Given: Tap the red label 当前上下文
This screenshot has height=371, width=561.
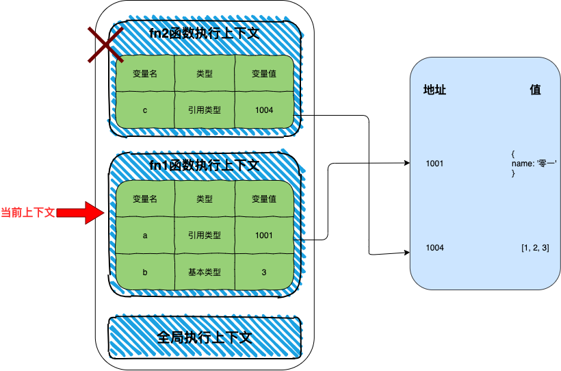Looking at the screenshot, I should (28, 212).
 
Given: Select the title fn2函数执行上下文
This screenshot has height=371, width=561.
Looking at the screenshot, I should (204, 32).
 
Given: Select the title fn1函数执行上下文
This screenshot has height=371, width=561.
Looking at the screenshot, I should (204, 165).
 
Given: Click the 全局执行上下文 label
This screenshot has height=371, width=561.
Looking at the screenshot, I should (205, 337).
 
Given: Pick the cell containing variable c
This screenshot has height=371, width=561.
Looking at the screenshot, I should (145, 110).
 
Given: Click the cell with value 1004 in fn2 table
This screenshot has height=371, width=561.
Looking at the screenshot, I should (263, 110).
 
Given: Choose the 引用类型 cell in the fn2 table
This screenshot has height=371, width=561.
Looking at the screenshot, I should (205, 110).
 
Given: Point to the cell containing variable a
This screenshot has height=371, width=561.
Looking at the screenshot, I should (145, 235).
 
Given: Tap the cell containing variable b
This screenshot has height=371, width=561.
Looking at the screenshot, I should (145, 272).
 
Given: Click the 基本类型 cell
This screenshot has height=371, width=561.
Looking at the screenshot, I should (205, 272).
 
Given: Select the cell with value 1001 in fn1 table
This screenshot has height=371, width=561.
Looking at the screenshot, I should (263, 235).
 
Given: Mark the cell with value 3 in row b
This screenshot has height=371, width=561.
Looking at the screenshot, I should (263, 272).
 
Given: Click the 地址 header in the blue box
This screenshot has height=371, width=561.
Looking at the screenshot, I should (435, 90).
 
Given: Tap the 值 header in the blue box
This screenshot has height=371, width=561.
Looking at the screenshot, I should (535, 90).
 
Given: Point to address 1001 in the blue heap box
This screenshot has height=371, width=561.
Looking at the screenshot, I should (434, 164).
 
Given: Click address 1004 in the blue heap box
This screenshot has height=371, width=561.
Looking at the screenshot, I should (434, 247).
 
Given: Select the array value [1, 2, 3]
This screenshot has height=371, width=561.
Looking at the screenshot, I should (535, 247).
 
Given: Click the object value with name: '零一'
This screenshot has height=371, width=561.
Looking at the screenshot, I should (534, 164).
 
